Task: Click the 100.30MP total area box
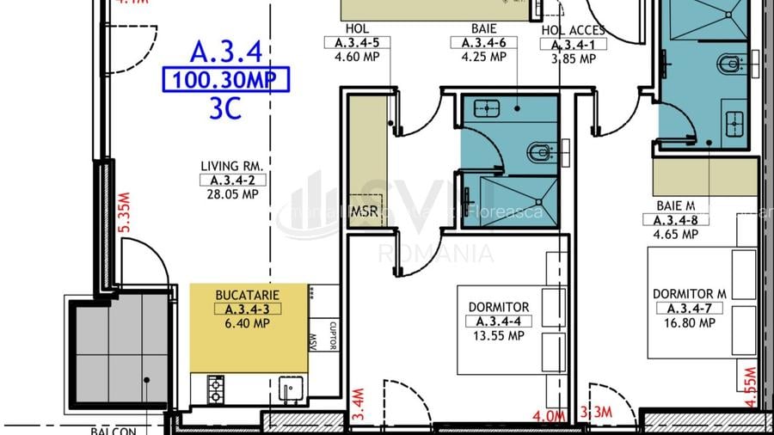click(x=226, y=80)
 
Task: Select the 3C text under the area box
click(x=224, y=108)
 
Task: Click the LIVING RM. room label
click(x=231, y=166)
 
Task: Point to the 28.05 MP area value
click(x=231, y=194)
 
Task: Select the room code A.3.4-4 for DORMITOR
click(x=499, y=322)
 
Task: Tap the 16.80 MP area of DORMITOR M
click(x=689, y=323)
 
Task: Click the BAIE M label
click(x=677, y=205)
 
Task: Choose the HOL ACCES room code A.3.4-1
click(x=574, y=45)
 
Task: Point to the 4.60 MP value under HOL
click(x=357, y=58)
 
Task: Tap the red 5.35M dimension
click(x=124, y=211)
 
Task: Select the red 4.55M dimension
click(x=750, y=388)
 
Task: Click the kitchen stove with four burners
click(x=216, y=389)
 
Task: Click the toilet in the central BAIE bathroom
click(x=539, y=153)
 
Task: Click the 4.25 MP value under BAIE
click(x=484, y=58)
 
